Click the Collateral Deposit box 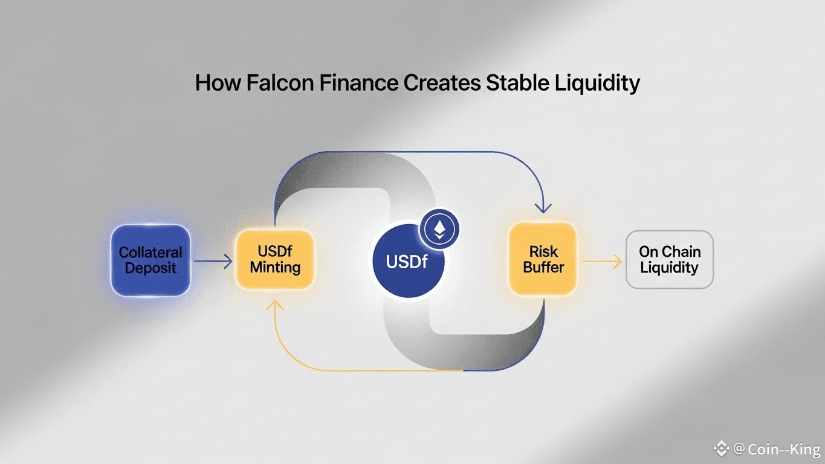tap(150, 260)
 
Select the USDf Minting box tap(275, 259)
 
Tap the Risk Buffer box tap(543, 259)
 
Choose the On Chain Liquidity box tap(669, 260)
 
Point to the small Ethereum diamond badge tap(439, 229)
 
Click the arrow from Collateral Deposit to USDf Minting tap(213, 262)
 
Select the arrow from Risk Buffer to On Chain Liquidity tap(601, 262)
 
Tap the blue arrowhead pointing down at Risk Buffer tap(543, 207)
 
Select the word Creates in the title tap(443, 83)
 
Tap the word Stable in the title tap(516, 83)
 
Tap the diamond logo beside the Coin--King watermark tap(722, 448)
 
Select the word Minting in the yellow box tap(275, 267)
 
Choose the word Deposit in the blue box tap(150, 268)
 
